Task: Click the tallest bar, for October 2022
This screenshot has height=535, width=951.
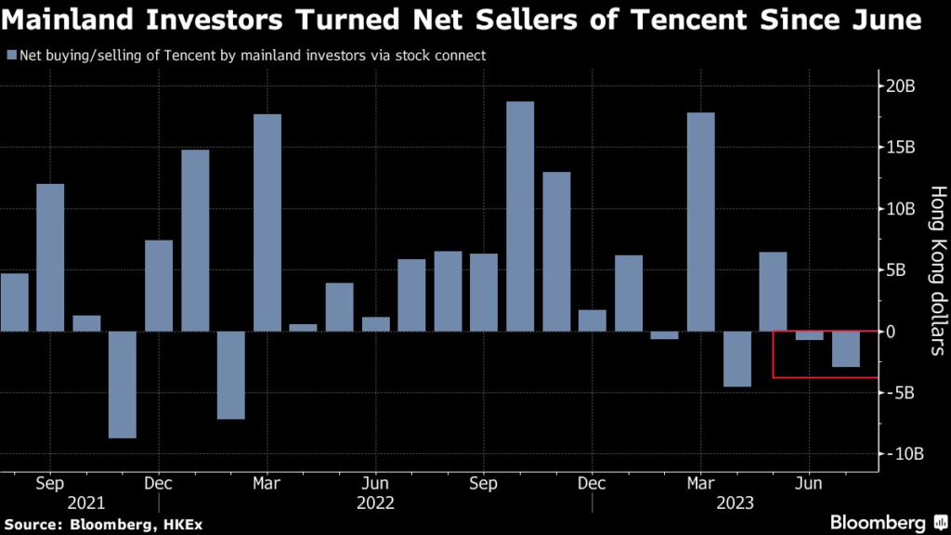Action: coord(520,215)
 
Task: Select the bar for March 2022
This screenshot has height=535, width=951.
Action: coord(267,222)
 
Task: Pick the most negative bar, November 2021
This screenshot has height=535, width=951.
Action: coord(123,384)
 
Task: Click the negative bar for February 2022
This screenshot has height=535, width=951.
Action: coord(231,374)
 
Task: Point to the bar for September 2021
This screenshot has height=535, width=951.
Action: coord(50,257)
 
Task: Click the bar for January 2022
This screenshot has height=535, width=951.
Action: coord(195,240)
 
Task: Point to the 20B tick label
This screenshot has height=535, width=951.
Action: coord(898,86)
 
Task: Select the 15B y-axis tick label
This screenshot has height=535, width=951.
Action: coord(898,148)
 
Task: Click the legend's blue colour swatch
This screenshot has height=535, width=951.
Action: coord(10,56)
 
